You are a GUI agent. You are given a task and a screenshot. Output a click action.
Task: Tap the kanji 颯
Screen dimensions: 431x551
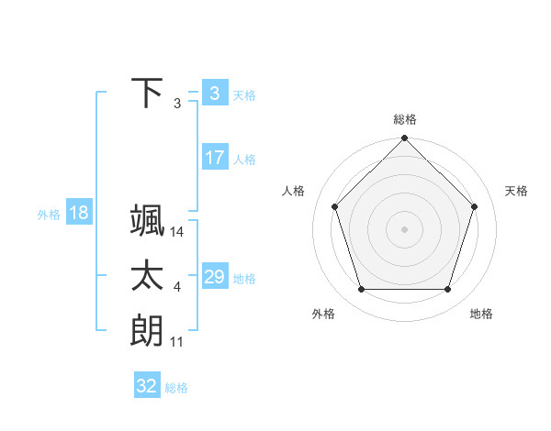147,221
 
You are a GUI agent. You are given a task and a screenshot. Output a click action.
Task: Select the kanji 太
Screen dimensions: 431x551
147,275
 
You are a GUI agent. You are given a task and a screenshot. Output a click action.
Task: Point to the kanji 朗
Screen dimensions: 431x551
147,329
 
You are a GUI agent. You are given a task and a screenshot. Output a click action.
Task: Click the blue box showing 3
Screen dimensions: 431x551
214,94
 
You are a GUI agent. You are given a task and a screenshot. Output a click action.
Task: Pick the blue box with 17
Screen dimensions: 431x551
214,158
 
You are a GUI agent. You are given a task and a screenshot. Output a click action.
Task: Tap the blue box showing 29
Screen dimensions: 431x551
214,277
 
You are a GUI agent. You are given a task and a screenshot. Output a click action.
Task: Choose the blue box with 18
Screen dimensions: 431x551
78,214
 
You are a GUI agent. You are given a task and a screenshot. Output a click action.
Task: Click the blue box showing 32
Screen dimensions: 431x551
147,386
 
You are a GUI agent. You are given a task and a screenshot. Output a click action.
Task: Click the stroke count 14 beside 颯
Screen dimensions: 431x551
177,233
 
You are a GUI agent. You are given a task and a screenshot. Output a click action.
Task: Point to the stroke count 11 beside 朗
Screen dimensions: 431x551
177,341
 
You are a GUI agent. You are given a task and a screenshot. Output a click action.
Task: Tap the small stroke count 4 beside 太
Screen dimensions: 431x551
177,287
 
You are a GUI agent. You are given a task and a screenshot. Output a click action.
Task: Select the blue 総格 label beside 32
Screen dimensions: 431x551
176,388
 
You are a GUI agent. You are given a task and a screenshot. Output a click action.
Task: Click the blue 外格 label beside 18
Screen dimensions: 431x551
49,215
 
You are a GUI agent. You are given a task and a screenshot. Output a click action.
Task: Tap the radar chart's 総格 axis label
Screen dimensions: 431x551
404,119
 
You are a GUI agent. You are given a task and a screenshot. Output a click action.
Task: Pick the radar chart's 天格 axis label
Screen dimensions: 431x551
516,191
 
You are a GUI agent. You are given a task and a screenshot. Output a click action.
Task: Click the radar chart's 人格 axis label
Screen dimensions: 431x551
293,191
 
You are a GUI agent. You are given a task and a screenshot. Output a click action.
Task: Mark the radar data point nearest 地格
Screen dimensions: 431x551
447,289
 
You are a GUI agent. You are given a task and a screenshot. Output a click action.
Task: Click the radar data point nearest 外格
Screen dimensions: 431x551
361,289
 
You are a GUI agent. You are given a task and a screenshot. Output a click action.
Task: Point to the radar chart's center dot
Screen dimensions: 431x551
404,228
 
